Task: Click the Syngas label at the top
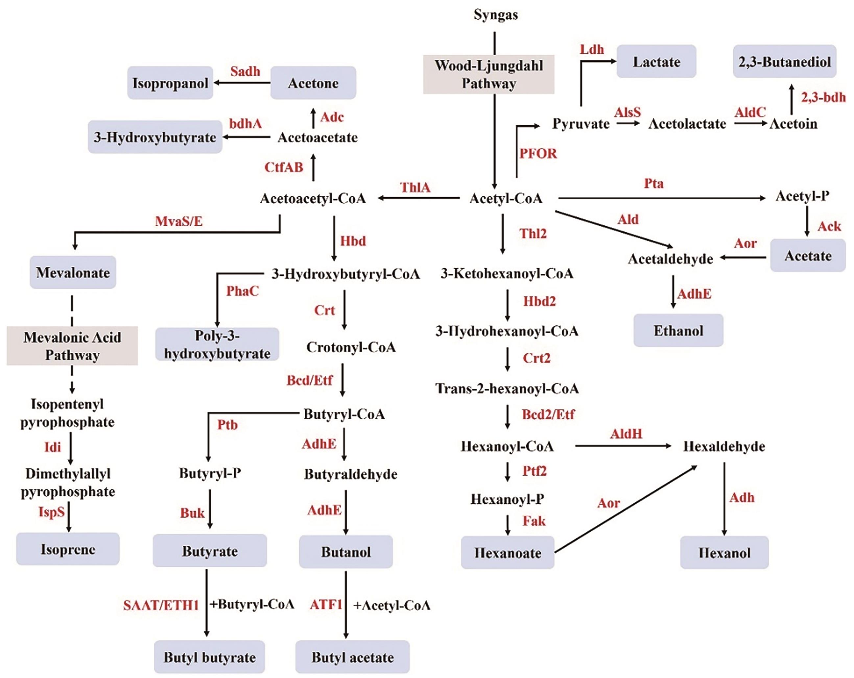(495, 15)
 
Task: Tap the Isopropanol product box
(170, 83)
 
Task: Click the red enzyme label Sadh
(245, 71)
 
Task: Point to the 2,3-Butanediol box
(784, 62)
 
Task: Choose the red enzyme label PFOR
(538, 153)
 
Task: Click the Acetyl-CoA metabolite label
(506, 198)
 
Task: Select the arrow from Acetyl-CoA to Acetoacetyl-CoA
(418, 198)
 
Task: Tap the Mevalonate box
(73, 273)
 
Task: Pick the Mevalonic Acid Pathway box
(72, 346)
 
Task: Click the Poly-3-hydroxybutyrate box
(217, 344)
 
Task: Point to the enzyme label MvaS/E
(178, 221)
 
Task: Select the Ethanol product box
(678, 331)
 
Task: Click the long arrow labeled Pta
(661, 198)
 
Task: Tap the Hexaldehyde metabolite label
(724, 446)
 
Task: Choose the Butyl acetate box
(352, 657)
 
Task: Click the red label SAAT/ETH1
(160, 605)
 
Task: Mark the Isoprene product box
(68, 549)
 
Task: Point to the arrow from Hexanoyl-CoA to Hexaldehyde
(623, 446)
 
